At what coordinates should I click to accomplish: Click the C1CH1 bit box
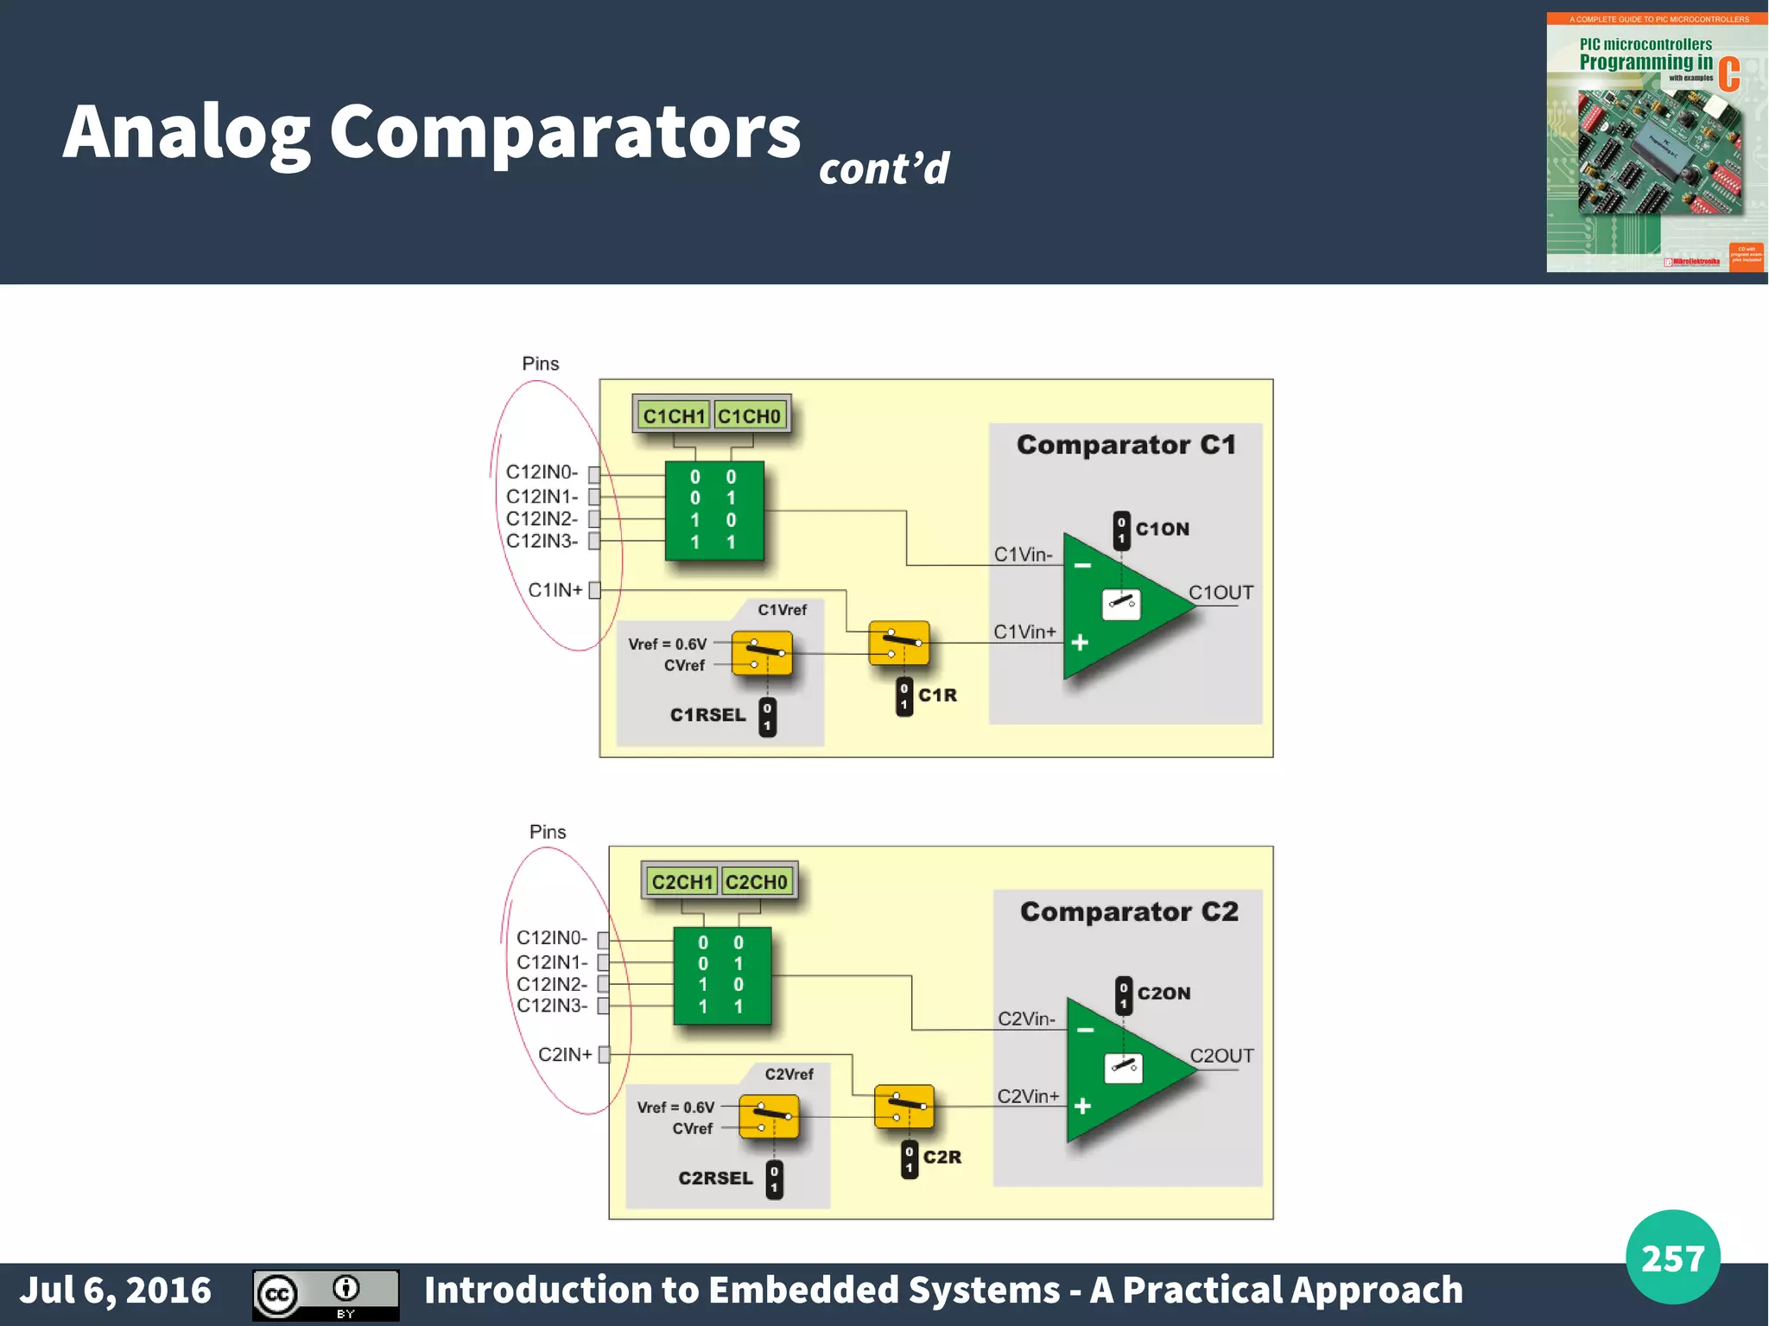tap(674, 416)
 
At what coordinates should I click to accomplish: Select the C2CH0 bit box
tap(757, 882)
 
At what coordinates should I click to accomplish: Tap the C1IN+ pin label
tap(555, 590)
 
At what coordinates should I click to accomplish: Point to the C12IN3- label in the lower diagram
tap(551, 1006)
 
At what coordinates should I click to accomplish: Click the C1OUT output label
tap(1221, 593)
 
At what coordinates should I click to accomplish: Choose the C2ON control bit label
tap(1163, 993)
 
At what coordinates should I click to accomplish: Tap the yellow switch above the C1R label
tap(899, 643)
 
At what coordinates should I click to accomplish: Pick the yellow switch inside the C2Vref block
tap(770, 1117)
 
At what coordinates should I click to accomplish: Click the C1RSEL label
tap(707, 715)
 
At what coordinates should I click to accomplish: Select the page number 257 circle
tap(1672, 1257)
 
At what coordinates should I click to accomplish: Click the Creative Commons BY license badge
tap(326, 1295)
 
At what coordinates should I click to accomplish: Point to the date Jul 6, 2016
tap(116, 1291)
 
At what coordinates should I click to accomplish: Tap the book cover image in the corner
tap(1656, 143)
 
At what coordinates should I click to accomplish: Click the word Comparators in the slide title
tap(565, 132)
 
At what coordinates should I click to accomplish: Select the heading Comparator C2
tap(1129, 911)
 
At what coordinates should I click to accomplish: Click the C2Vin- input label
tap(1026, 1019)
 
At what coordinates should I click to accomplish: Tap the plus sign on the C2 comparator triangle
tap(1082, 1107)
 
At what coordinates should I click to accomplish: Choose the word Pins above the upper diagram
tap(540, 364)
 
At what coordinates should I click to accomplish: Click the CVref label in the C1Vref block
tap(684, 665)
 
